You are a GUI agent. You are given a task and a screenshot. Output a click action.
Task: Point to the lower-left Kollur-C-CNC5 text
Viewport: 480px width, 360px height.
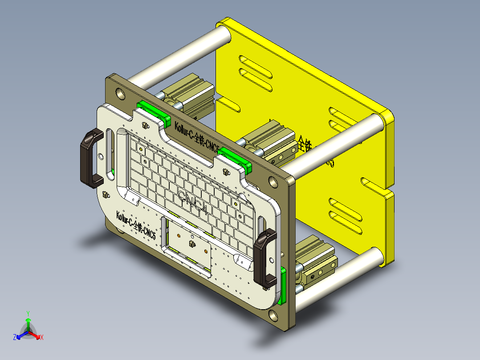pyautogui.click(x=136, y=225)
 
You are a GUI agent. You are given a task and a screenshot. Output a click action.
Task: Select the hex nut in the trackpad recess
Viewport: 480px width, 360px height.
pyautogui.click(x=192, y=244)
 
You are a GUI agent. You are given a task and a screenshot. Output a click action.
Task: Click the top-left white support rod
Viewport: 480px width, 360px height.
pyautogui.click(x=178, y=56)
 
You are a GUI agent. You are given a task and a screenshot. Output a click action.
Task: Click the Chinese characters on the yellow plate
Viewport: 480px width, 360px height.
pyautogui.click(x=307, y=145)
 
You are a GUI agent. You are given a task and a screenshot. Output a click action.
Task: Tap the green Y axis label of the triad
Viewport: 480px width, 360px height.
pyautogui.click(x=28, y=313)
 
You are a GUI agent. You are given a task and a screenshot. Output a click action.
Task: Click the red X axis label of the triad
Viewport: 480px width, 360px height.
pyautogui.click(x=42, y=338)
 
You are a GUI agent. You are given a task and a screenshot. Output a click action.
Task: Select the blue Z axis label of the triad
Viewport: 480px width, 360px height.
pyautogui.click(x=15, y=338)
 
